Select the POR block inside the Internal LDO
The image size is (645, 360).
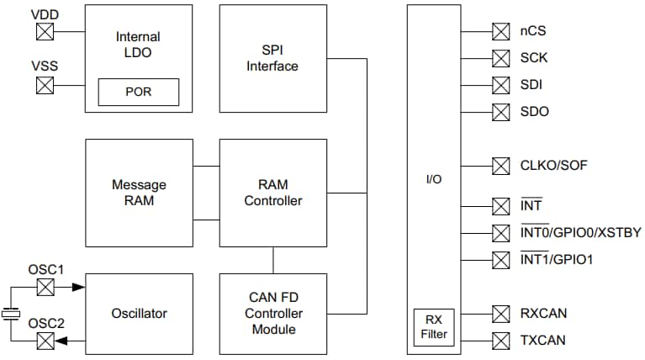[139, 92]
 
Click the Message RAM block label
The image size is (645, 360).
[139, 193]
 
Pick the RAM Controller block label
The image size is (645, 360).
[272, 193]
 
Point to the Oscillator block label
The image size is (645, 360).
[139, 314]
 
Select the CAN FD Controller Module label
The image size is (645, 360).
[272, 314]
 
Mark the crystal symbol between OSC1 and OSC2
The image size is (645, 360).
[11, 314]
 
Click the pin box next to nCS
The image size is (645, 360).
[501, 32]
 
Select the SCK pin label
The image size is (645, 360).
[533, 59]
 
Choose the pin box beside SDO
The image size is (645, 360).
[501, 111]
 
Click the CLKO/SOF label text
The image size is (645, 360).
[553, 165]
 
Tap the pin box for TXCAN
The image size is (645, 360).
[501, 340]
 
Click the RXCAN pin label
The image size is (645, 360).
[542, 314]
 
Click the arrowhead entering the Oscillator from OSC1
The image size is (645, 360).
[78, 287]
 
